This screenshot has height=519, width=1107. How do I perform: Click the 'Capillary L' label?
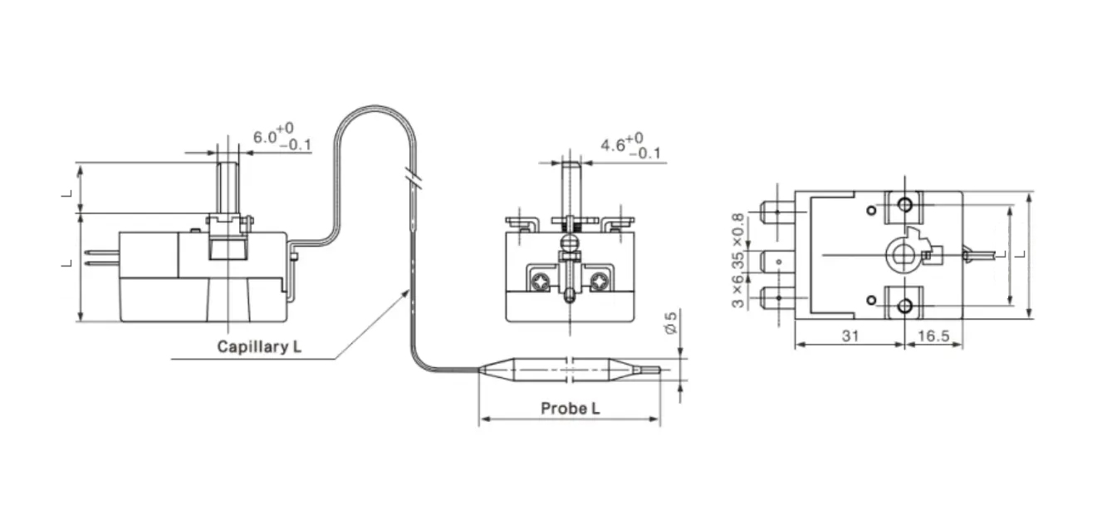[x=259, y=347]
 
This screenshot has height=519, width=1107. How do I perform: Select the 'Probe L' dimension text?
[x=570, y=409]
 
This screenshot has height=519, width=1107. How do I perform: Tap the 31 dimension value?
[x=848, y=335]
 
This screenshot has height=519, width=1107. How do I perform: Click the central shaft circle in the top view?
[x=900, y=252]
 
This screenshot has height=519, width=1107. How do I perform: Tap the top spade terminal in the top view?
[x=776, y=211]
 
